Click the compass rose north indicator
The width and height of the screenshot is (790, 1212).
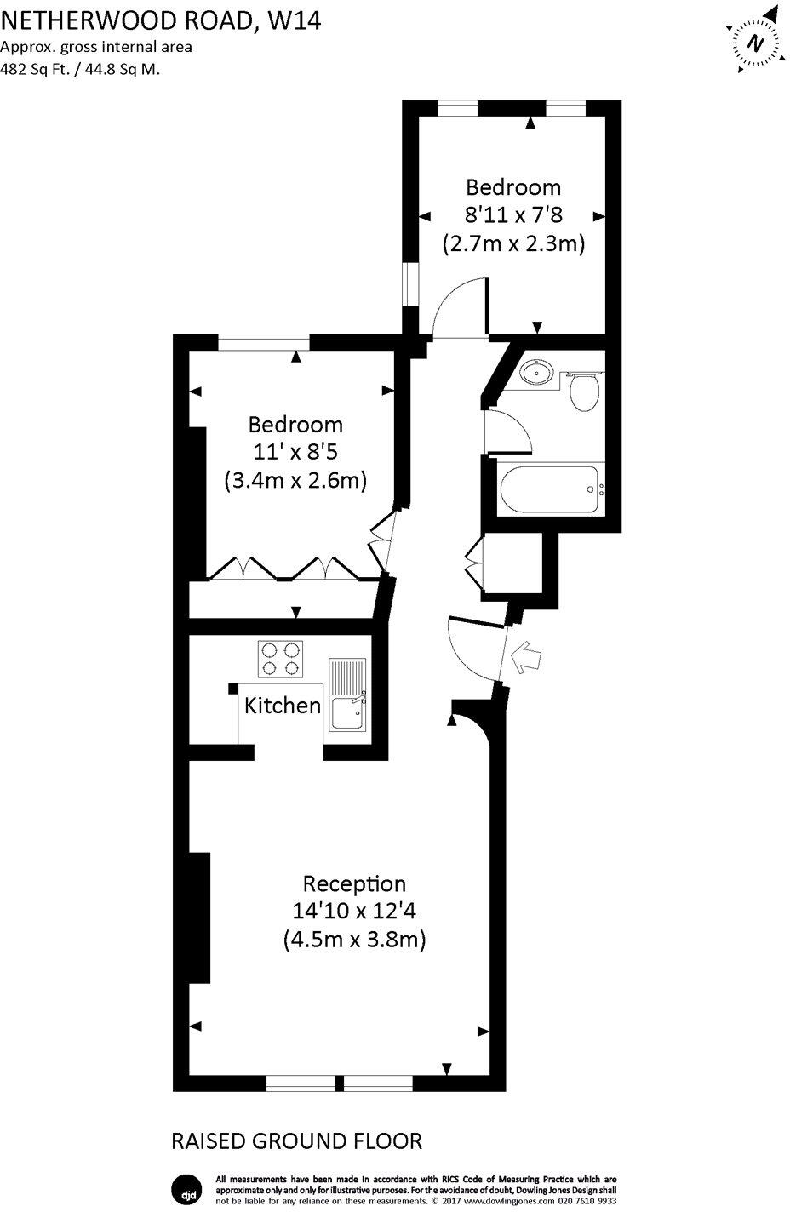pyautogui.click(x=754, y=42)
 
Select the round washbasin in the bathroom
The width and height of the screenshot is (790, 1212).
pyautogui.click(x=537, y=372)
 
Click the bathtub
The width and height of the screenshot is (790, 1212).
pyautogui.click(x=552, y=489)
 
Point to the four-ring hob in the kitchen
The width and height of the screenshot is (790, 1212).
pyautogui.click(x=282, y=659)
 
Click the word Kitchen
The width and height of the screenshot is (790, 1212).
pyautogui.click(x=283, y=706)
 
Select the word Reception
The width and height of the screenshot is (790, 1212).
pyautogui.click(x=354, y=883)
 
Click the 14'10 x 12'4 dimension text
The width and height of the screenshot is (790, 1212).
pyautogui.click(x=354, y=911)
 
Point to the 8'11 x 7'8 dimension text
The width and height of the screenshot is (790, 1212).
pyautogui.click(x=513, y=215)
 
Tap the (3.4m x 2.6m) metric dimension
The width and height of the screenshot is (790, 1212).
pyautogui.click(x=295, y=481)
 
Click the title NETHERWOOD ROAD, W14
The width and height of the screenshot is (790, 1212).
pyautogui.click(x=161, y=21)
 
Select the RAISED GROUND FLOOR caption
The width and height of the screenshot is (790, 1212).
pyautogui.click(x=297, y=1141)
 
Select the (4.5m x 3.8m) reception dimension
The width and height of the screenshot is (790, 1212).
pyautogui.click(x=354, y=940)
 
